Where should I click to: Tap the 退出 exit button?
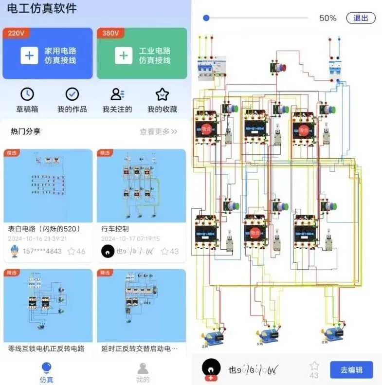click(x=361, y=18)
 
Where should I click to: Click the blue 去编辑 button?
click(x=351, y=370)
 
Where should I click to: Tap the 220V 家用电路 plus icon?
click(x=29, y=55)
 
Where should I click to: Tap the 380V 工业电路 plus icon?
click(x=124, y=55)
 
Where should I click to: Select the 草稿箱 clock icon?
click(x=27, y=94)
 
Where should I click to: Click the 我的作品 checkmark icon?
click(x=72, y=94)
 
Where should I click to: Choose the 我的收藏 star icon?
click(x=162, y=94)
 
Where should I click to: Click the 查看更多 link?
click(x=159, y=131)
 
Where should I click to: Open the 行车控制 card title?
click(x=115, y=228)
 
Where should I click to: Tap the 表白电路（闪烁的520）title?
click(x=44, y=228)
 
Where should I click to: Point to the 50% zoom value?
click(x=327, y=18)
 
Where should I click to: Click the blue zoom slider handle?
click(x=206, y=18)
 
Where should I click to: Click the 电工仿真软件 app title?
click(x=41, y=8)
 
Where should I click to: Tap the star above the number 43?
click(x=314, y=365)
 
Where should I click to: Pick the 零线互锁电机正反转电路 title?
click(x=46, y=348)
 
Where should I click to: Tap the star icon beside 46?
click(x=72, y=251)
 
